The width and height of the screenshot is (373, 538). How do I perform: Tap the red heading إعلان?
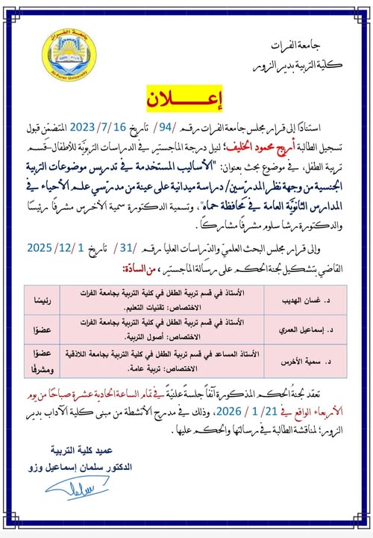pyautogui.click(x=186, y=99)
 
